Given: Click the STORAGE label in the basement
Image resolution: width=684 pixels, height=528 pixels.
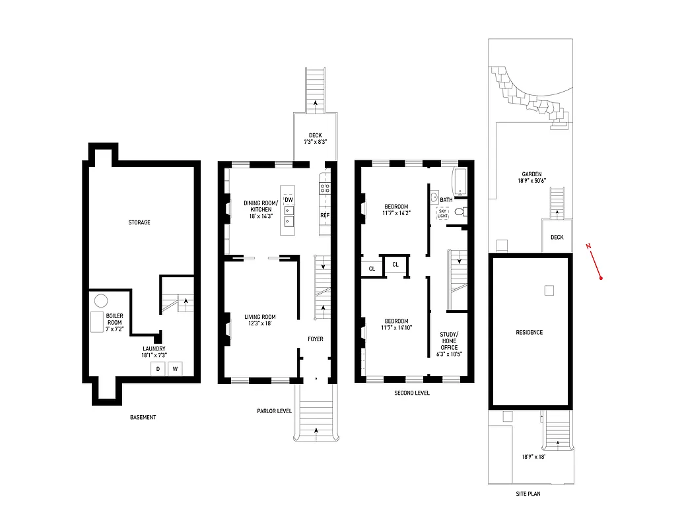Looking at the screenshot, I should [139, 222].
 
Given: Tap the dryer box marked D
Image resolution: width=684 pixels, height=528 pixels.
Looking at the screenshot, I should [158, 369].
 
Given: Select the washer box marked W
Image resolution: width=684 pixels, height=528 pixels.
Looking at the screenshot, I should [176, 369].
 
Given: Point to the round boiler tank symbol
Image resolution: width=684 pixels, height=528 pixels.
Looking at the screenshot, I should [100, 301].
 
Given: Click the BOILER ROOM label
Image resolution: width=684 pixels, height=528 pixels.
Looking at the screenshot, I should [114, 319].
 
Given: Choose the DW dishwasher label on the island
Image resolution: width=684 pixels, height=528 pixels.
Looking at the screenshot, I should [289, 199].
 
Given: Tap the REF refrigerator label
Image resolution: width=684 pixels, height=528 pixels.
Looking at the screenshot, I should [324, 216].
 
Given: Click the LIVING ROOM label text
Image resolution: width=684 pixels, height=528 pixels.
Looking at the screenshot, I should [259, 319].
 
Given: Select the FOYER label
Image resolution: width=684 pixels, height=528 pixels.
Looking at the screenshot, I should [315, 339].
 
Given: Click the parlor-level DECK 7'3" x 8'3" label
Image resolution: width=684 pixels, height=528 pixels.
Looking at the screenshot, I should [315, 139].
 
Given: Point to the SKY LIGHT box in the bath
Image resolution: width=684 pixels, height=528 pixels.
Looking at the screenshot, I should [442, 213].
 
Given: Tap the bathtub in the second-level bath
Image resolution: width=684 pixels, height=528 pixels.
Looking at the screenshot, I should [460, 181].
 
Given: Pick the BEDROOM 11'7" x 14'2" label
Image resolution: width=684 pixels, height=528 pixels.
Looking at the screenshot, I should [395, 209].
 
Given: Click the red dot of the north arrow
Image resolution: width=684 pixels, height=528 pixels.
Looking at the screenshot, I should [601, 278].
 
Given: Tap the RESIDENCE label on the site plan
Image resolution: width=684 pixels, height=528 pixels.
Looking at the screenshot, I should [529, 332].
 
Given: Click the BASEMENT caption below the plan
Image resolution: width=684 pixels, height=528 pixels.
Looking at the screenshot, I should [143, 417].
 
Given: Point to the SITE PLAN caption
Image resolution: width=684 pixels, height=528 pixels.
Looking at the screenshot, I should [530, 493].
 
